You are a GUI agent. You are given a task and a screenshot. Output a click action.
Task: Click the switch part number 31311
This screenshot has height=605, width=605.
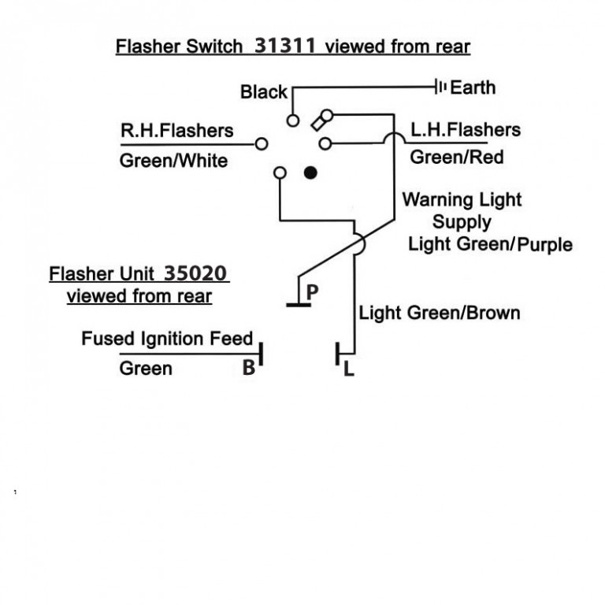click(x=286, y=46)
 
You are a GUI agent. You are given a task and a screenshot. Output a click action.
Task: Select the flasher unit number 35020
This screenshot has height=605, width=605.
click(x=196, y=274)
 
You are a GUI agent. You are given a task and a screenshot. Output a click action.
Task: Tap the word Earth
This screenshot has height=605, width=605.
click(x=473, y=87)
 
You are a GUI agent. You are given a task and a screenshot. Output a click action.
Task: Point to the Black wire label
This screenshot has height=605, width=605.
click(x=264, y=92)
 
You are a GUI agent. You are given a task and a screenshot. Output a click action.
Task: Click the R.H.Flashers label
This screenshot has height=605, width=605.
click(x=176, y=130)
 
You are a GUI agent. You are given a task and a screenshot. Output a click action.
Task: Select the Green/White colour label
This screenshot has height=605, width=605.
click(x=173, y=161)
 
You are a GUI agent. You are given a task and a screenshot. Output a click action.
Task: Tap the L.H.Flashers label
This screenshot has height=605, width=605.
click(x=466, y=129)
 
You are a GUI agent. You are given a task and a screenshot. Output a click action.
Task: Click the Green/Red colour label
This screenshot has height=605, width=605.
click(x=457, y=157)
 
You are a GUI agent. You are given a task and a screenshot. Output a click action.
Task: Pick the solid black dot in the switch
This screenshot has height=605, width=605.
click(x=310, y=172)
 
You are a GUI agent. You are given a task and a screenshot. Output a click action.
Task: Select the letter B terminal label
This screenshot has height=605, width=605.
click(x=248, y=367)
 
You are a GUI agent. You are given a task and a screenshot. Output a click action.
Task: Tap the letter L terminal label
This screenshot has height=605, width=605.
click(x=348, y=368)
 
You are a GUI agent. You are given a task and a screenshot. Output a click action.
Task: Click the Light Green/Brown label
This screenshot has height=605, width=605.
click(x=440, y=313)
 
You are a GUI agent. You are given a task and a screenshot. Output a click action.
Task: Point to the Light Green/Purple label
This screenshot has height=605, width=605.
click(x=490, y=244)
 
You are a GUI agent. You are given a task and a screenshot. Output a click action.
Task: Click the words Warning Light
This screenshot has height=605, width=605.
click(x=462, y=199)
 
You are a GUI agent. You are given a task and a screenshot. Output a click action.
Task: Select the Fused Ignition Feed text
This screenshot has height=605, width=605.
click(x=167, y=340)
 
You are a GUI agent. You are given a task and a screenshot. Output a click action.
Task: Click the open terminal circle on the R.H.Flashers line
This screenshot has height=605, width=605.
click(x=262, y=144)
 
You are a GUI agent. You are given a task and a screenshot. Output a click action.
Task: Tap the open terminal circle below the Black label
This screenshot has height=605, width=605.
click(x=292, y=121)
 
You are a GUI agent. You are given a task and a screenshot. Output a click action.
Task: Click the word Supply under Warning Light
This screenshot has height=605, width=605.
click(x=462, y=221)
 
